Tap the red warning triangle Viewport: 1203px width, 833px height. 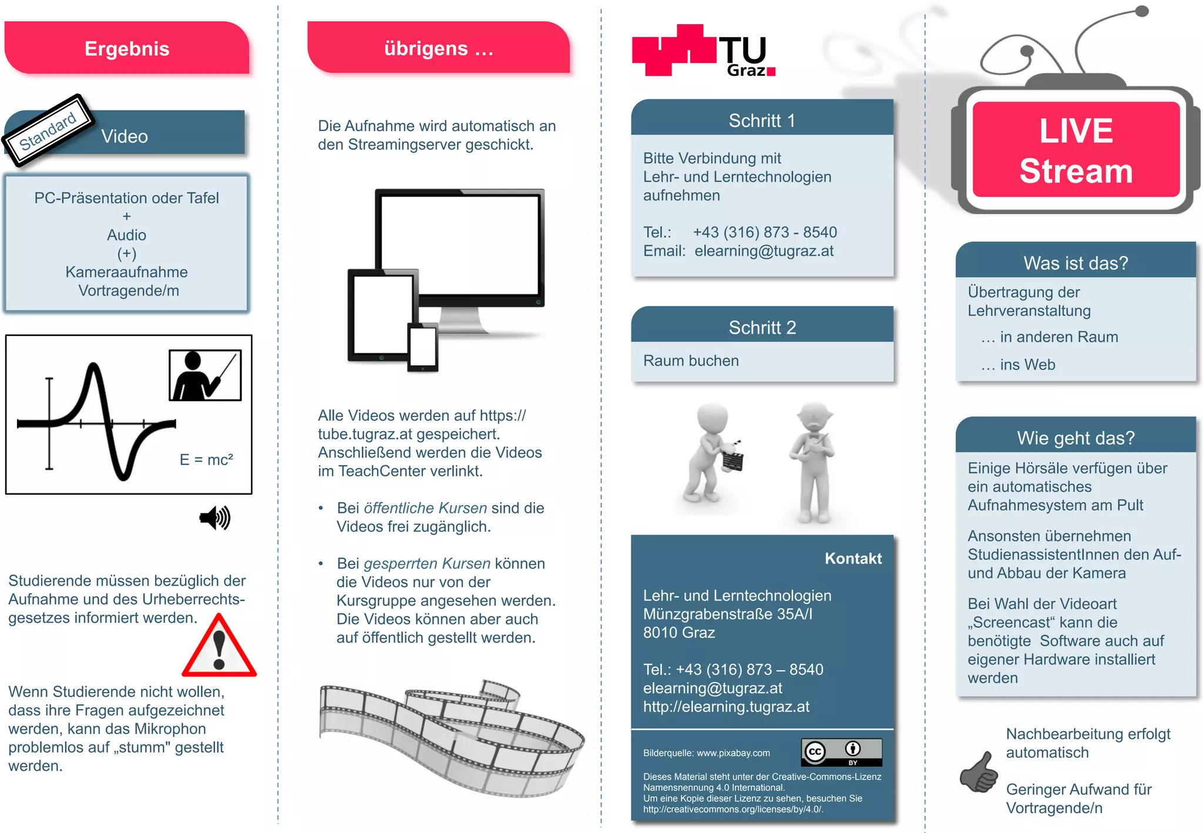coord(219,647)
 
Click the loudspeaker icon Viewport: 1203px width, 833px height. coord(215,518)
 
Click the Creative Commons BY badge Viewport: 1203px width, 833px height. coord(841,752)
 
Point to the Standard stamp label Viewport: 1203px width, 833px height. coord(48,130)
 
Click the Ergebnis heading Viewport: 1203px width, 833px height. coord(127,48)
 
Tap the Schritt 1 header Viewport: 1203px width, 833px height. coord(762,120)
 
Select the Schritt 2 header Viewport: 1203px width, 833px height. coord(762,327)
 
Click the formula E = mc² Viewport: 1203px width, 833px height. coord(206,459)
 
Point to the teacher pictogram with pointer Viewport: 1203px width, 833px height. coord(205,375)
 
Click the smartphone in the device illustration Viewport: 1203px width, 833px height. coord(423,347)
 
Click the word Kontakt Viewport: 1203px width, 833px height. coord(853,558)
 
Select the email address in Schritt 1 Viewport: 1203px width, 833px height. coord(764,251)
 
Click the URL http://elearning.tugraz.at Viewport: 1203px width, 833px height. coord(726,706)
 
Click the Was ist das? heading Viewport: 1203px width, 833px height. coord(1076,263)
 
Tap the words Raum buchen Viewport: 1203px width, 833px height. coord(691,361)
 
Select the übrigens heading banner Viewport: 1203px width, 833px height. coord(438,48)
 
